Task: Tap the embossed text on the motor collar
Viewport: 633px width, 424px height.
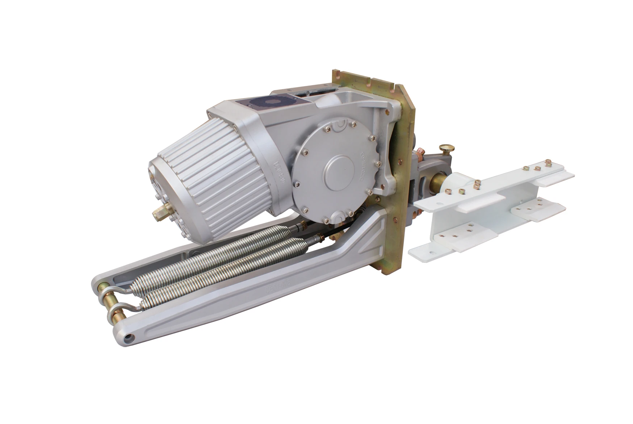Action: (x=279, y=170)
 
